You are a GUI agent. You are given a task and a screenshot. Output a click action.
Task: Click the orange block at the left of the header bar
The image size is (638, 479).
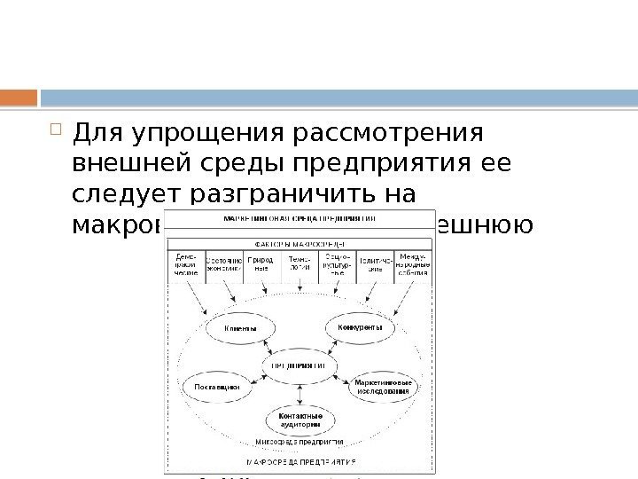pyautogui.click(x=19, y=96)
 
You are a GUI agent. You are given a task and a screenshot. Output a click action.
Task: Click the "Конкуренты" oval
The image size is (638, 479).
pyautogui.click(x=359, y=328)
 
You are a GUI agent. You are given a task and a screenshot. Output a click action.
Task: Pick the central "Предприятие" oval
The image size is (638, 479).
pyautogui.click(x=297, y=365)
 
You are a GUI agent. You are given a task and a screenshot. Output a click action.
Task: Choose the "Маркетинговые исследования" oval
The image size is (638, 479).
pyautogui.click(x=382, y=386)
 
